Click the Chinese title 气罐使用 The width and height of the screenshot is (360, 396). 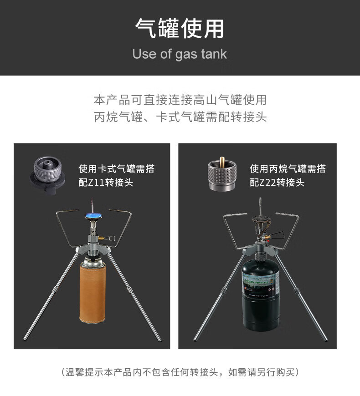180,29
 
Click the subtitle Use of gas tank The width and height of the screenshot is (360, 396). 180,54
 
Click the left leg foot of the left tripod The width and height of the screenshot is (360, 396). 26,339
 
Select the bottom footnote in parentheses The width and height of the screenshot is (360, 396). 180,372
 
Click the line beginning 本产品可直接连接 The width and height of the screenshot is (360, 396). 180,100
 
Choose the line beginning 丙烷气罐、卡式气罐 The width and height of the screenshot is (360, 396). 180,117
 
